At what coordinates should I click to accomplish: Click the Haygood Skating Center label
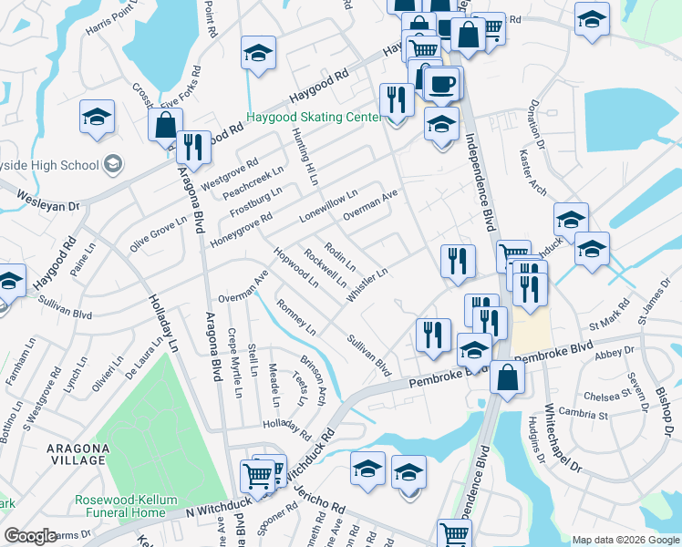(315, 118)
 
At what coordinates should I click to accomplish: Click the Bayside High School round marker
(114, 164)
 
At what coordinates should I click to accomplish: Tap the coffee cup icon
(442, 83)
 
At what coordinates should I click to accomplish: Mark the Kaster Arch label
(532, 172)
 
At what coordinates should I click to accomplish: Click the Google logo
(30, 535)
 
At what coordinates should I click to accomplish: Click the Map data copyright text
(625, 539)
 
